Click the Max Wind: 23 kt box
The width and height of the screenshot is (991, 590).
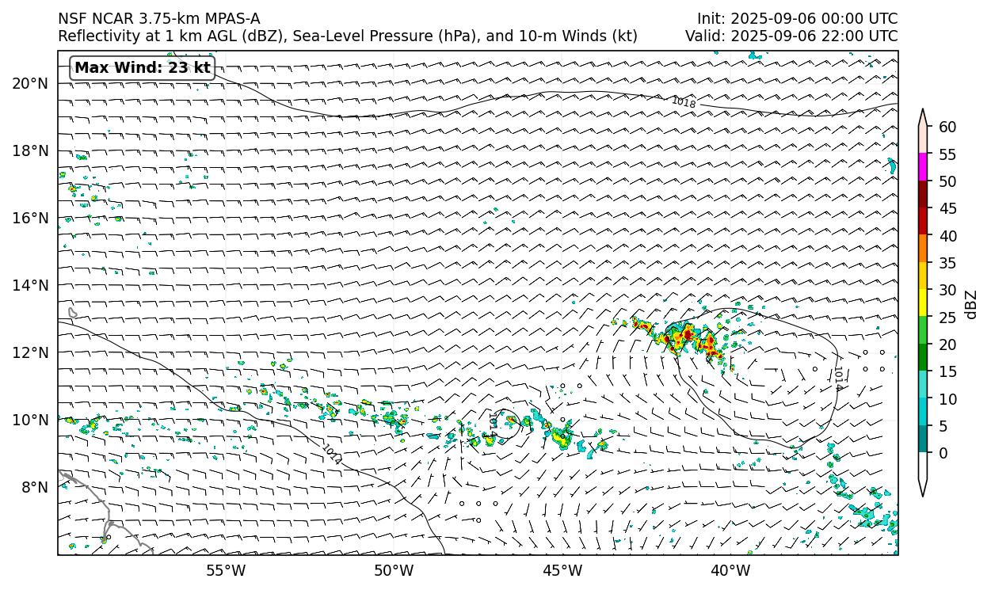[143, 68]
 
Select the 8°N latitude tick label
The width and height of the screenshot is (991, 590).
[34, 487]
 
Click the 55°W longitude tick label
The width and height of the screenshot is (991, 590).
[226, 570]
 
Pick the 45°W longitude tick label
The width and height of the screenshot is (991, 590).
[562, 570]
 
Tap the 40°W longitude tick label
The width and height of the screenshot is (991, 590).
[730, 570]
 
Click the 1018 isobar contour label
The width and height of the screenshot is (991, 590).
[683, 102]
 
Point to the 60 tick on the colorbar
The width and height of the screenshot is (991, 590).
[947, 128]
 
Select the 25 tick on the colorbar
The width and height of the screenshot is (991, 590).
[947, 318]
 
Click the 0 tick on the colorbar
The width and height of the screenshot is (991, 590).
[943, 453]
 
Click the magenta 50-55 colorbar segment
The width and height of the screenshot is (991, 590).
[923, 168]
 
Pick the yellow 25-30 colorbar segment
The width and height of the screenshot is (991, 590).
[923, 303]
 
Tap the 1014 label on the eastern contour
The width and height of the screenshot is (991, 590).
[837, 378]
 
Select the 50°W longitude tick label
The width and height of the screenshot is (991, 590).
[394, 570]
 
